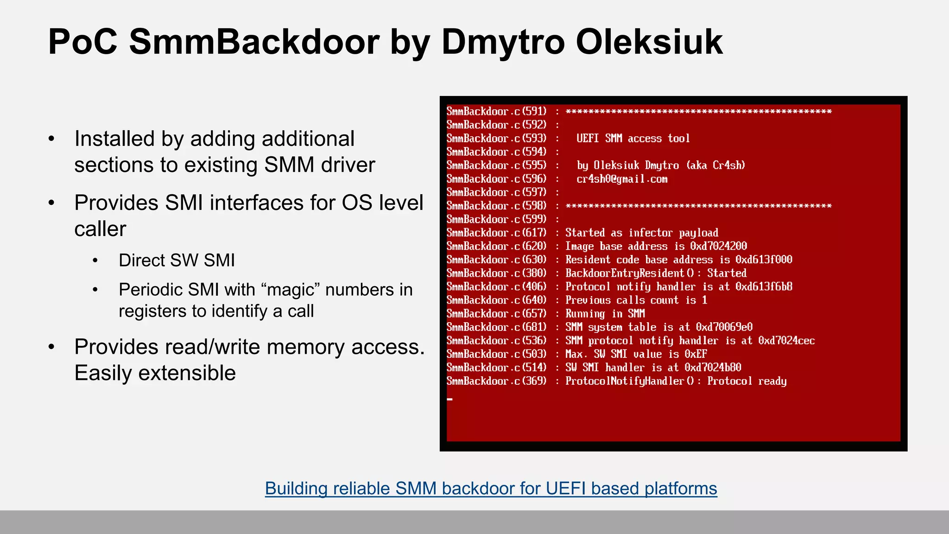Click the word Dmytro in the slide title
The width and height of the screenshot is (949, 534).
(x=503, y=43)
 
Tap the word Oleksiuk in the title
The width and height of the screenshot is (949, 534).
(x=649, y=43)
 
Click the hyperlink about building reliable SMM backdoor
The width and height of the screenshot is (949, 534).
(x=491, y=489)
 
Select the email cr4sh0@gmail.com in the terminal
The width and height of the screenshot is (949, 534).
(x=622, y=179)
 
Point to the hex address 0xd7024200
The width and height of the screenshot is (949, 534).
(x=718, y=246)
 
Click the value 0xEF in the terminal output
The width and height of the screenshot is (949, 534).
(x=696, y=354)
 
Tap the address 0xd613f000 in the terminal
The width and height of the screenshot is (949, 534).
(x=764, y=260)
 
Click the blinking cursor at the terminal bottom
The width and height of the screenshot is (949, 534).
(x=449, y=399)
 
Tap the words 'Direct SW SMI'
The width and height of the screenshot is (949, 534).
(x=177, y=261)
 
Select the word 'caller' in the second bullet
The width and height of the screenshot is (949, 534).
(x=100, y=229)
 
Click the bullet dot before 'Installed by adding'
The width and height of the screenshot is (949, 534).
(x=51, y=139)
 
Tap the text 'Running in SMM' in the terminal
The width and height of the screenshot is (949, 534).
(x=605, y=314)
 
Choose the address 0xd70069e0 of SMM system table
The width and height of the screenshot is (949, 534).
(x=724, y=327)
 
